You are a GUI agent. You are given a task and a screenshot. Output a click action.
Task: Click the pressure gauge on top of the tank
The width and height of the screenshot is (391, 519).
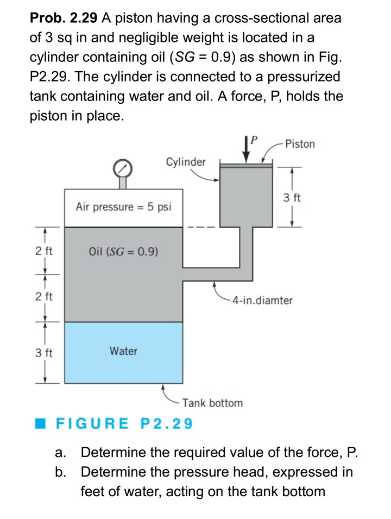point(123,169)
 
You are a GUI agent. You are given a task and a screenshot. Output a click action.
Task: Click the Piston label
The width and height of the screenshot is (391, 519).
point(299,143)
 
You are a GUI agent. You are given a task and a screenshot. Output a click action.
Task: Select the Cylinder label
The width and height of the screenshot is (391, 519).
point(186,162)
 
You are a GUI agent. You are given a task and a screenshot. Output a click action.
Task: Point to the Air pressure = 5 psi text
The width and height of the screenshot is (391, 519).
point(124,207)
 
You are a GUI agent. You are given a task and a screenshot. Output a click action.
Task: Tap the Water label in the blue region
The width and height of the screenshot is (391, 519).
point(123,351)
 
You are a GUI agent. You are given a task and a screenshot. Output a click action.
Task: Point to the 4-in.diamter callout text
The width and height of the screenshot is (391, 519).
point(261,300)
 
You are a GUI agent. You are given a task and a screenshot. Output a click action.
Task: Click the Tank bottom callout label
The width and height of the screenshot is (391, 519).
point(212,403)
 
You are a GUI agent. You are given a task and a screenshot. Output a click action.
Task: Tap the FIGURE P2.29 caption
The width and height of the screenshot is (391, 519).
point(124,423)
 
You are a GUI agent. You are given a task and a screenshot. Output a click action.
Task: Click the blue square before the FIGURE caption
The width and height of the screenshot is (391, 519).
point(46,423)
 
